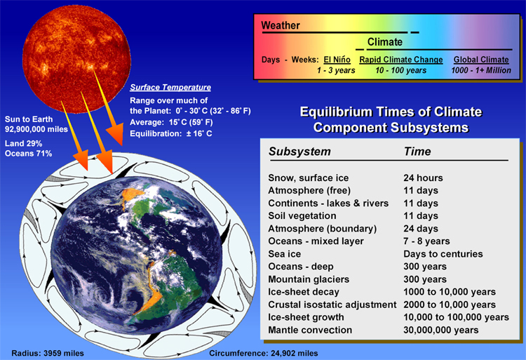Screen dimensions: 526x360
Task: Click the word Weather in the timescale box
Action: coord(281,25)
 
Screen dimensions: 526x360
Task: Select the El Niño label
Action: coord(337,60)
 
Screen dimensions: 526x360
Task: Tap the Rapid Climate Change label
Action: coord(401,60)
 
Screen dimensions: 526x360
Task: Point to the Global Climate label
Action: coord(481,60)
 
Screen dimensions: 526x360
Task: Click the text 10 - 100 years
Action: coord(401,70)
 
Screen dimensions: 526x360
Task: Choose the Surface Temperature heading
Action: coord(170,87)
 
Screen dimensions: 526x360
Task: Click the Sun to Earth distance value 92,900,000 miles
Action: coord(36,129)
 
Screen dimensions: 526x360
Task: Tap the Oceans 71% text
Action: coord(28,154)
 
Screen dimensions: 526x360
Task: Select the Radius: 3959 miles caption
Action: coord(48,353)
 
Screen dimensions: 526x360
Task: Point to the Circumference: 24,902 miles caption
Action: coord(263,353)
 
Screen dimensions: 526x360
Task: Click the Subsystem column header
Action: coord(299,152)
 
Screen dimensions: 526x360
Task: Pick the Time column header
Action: coord(417,152)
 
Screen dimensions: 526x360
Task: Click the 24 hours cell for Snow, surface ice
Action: coord(423,178)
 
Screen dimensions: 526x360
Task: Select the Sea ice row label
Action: coord(285,254)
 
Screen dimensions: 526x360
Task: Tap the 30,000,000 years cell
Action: coord(441,330)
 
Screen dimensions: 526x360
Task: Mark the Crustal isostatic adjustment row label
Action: coord(332,305)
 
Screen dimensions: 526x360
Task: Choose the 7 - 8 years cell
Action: coord(426,241)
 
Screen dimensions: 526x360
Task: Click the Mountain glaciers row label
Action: coord(309,279)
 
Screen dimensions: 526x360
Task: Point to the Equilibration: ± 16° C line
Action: coord(170,133)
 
